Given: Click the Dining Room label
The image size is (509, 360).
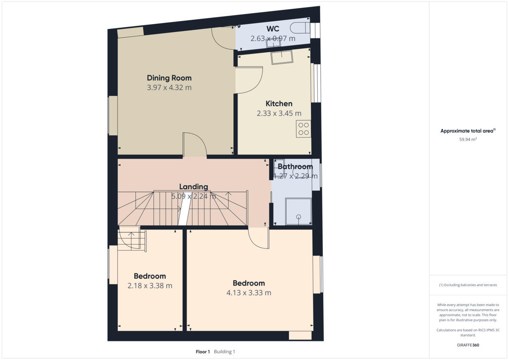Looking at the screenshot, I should [x=169, y=78].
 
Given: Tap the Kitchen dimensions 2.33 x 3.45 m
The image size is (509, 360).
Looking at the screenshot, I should [x=279, y=113].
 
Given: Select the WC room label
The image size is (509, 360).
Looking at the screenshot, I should [x=273, y=29].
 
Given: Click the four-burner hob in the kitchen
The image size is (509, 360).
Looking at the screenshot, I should [x=303, y=128].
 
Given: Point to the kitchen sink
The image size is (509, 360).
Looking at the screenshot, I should [x=282, y=57].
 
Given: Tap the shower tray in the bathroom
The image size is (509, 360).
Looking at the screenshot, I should [x=299, y=211].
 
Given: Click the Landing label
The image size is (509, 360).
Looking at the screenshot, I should [x=193, y=187].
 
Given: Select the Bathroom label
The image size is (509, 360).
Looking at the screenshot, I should [x=295, y=167].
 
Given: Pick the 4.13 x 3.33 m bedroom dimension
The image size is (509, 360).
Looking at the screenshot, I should [x=249, y=293].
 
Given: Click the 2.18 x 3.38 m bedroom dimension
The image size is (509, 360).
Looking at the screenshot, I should [x=150, y=286].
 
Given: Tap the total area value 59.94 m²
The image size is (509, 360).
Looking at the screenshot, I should [x=468, y=139].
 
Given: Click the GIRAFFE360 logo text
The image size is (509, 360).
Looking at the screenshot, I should [x=468, y=345].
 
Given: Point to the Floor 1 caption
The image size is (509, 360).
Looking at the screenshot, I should [x=203, y=352].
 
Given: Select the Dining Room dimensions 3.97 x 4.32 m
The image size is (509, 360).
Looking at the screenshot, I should [x=169, y=88].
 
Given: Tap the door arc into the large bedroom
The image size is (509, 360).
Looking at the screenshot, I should [x=258, y=239].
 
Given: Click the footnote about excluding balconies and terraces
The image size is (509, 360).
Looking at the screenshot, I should [x=468, y=285].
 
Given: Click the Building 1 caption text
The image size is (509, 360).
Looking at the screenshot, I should [x=224, y=352].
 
